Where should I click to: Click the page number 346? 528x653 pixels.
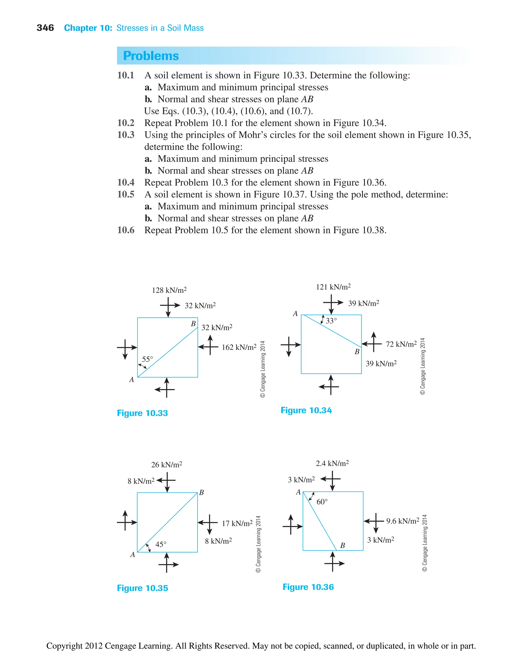pyautogui.click(x=45, y=28)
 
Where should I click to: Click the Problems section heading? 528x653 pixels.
pyautogui.click(x=151, y=56)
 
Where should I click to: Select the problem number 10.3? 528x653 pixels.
pyautogui.click(x=126, y=135)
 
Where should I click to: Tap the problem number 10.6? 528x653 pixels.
pyautogui.click(x=126, y=230)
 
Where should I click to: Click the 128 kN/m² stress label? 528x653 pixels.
pyautogui.click(x=169, y=290)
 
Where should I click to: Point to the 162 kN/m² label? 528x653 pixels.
pyautogui.click(x=239, y=347)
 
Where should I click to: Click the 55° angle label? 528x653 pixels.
pyautogui.click(x=147, y=359)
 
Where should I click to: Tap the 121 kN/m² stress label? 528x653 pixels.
pyautogui.click(x=333, y=287)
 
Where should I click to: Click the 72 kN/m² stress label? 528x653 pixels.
pyautogui.click(x=401, y=344)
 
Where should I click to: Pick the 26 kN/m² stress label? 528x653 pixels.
pyautogui.click(x=166, y=465)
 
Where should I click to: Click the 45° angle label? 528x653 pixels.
pyautogui.click(x=161, y=544)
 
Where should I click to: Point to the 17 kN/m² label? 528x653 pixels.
pyautogui.click(x=237, y=523)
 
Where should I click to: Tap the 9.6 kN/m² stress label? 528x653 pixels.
pyautogui.click(x=402, y=521)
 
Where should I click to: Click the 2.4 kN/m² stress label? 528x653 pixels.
pyautogui.click(x=332, y=464)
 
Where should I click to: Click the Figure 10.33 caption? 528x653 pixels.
pyautogui.click(x=142, y=413)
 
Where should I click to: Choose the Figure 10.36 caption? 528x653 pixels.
pyautogui.click(x=308, y=587)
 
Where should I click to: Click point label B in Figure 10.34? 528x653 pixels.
pyautogui.click(x=357, y=352)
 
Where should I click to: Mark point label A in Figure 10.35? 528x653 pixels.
pyautogui.click(x=133, y=555)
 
